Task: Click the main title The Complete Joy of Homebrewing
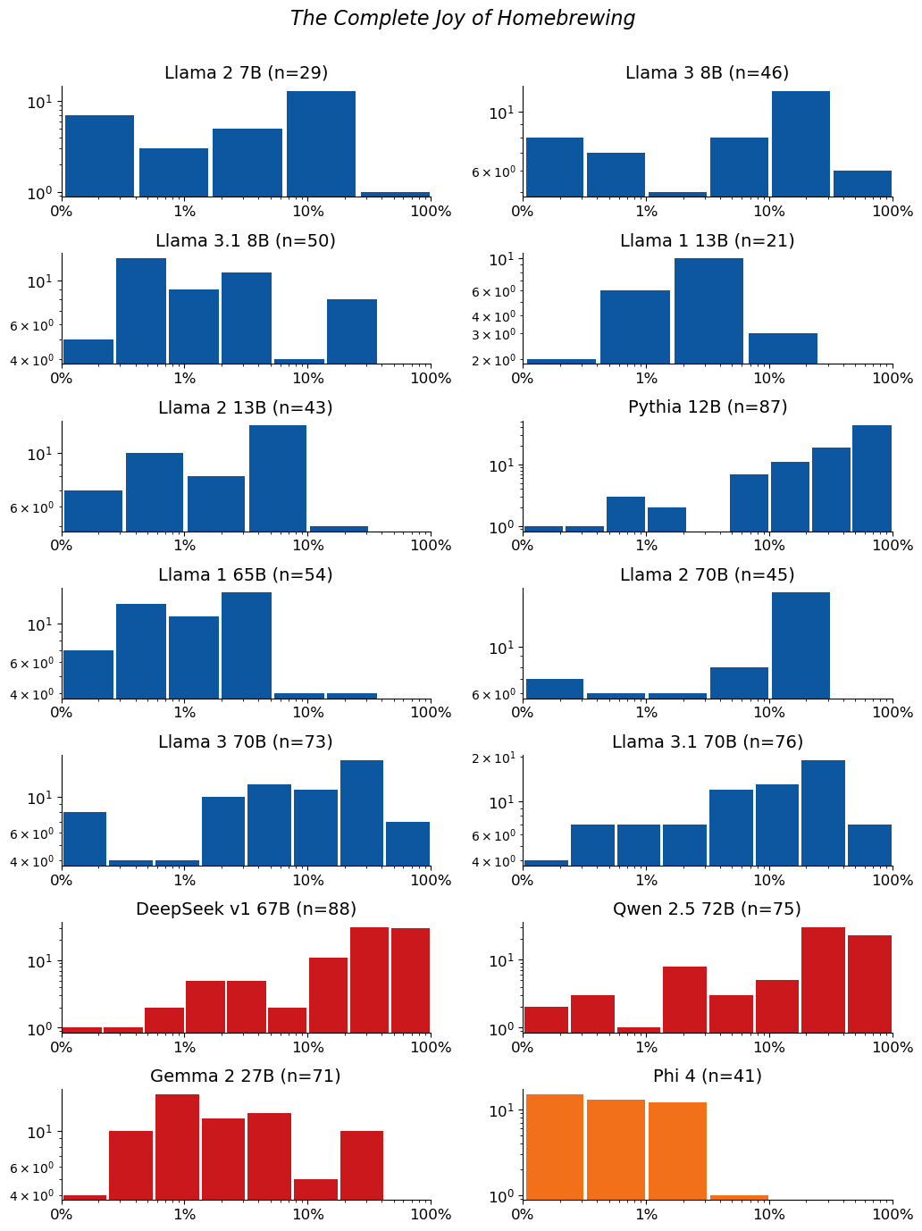tap(462, 18)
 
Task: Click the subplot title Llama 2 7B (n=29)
tap(246, 72)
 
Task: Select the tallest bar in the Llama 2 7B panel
tap(321, 144)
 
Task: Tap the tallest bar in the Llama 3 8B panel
tap(800, 144)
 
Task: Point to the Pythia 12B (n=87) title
tap(708, 406)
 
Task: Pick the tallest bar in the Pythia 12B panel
tap(872, 478)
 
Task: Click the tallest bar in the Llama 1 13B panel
tap(708, 311)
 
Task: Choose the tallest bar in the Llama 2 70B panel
tap(800, 645)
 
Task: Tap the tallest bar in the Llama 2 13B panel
tap(278, 478)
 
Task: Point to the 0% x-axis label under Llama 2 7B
tap(62, 211)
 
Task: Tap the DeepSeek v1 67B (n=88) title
tap(246, 909)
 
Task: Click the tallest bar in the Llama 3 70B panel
tap(361, 813)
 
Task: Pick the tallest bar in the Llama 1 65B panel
tap(247, 645)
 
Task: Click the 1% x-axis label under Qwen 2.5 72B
tap(646, 1047)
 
